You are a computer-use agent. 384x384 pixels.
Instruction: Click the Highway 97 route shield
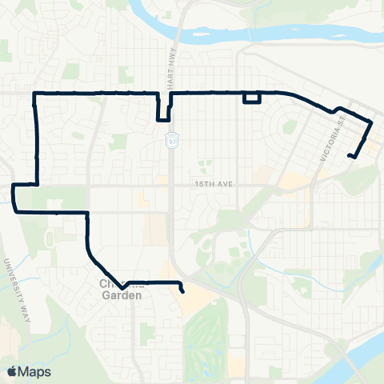[x=172, y=141]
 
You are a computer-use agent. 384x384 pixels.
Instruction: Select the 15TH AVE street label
[x=213, y=183]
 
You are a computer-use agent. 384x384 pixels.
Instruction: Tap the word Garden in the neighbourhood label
[x=122, y=294]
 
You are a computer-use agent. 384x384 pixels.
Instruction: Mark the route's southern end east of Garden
[x=184, y=292]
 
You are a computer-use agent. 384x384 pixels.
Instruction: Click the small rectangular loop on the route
[x=252, y=98]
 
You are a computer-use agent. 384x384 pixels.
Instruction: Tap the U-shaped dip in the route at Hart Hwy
[x=163, y=112]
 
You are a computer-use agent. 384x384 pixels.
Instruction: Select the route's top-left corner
[x=34, y=94]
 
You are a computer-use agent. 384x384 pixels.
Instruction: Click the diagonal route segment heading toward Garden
[x=100, y=264]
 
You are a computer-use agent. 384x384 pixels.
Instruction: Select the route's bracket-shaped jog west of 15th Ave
[x=15, y=198]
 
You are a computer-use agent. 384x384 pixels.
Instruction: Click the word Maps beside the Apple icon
[x=35, y=370]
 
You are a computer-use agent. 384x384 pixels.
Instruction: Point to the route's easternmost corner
[x=371, y=122]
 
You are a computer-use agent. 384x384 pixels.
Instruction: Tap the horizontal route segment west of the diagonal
[x=52, y=213]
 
